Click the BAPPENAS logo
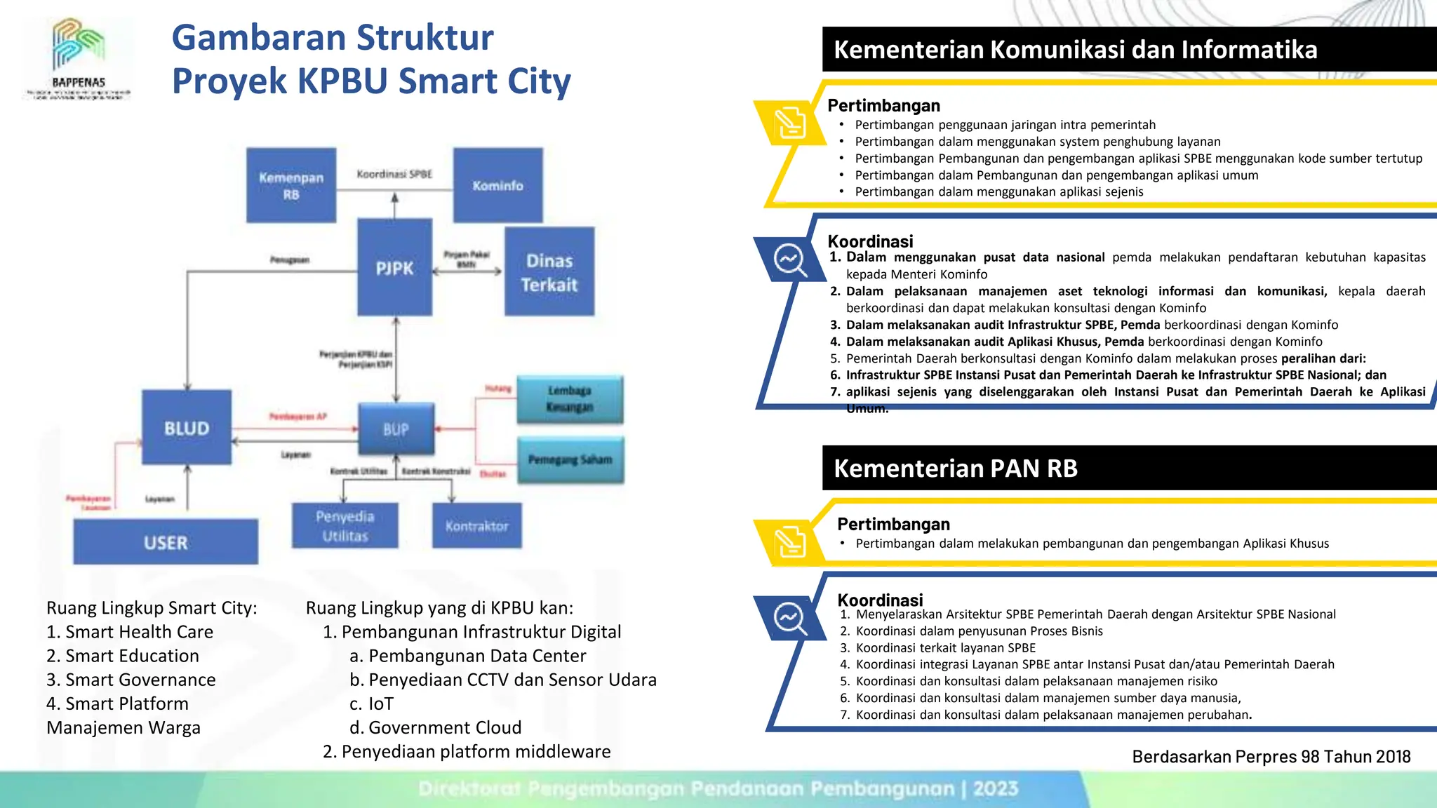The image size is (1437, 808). pos(79,59)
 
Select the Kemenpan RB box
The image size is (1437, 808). pos(291,185)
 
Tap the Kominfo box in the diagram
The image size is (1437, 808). pos(497,185)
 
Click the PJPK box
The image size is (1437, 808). pos(394,267)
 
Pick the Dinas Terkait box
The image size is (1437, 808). pos(549,271)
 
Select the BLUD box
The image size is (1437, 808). pos(187,427)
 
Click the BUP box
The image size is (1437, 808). pos(396,429)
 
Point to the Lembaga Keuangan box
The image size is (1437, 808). pos(570,399)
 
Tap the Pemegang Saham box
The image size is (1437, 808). pos(570,460)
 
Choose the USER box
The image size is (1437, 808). pos(166,541)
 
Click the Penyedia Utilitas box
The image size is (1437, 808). pos(345,525)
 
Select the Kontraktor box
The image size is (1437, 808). pos(476,525)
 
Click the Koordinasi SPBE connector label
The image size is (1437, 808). pos(394,174)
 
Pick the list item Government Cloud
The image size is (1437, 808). pos(445,727)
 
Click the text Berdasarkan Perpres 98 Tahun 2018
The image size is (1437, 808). pos(1271,757)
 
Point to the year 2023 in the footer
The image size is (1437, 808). pos(995,788)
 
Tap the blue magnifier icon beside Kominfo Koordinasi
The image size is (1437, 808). pos(789,260)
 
